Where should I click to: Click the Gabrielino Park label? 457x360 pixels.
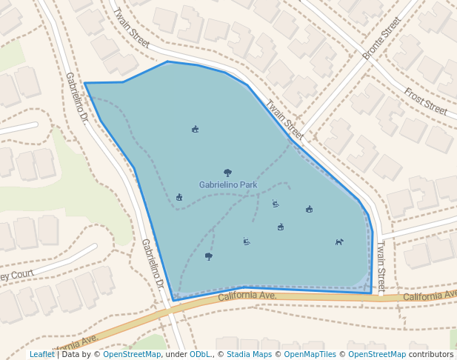[228, 184]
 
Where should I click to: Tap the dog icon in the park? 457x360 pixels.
[339, 241]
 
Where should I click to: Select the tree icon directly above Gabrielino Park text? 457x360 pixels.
[227, 173]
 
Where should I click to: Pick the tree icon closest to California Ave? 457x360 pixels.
[209, 256]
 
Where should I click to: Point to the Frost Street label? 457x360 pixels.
[425, 101]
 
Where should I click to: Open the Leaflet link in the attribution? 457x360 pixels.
[41, 355]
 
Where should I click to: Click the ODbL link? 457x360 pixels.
[199, 355]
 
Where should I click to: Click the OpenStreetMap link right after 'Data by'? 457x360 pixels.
[132, 355]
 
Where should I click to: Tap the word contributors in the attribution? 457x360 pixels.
[431, 355]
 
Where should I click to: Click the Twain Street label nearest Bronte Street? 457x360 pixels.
[285, 120]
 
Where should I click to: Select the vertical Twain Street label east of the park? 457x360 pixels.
[381, 267]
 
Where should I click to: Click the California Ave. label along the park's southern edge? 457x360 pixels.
[247, 296]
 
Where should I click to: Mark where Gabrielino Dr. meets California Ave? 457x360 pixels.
[175, 306]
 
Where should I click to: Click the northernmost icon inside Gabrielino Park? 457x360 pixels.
[195, 129]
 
